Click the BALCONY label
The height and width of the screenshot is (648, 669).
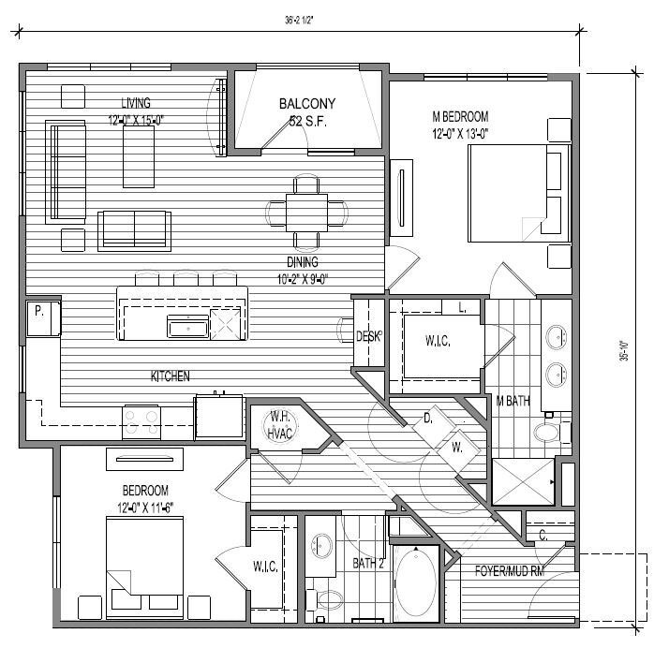(x=306, y=104)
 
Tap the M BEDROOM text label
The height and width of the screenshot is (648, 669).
(x=460, y=116)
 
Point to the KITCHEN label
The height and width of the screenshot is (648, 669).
(x=171, y=376)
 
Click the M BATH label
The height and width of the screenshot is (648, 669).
(x=512, y=401)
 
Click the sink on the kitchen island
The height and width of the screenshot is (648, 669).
(x=187, y=325)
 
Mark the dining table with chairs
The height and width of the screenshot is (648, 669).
(x=306, y=210)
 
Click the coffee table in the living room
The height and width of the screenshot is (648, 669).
(x=143, y=155)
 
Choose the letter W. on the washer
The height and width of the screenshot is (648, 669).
(x=457, y=448)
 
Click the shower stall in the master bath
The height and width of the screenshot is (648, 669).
(x=521, y=482)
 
